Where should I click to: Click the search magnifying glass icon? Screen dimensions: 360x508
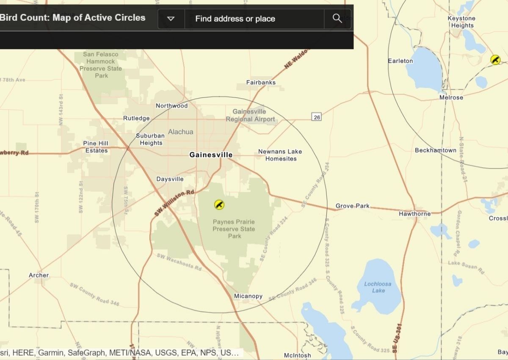tap(337, 18)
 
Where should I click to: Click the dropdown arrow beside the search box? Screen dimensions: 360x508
tap(171, 19)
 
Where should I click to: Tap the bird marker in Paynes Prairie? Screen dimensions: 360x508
tap(219, 205)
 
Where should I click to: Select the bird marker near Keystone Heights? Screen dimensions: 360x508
tap(495, 60)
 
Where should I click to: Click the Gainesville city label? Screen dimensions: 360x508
tap(211, 155)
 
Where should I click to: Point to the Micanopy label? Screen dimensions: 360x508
tap(248, 296)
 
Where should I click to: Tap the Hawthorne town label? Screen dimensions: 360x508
tap(414, 214)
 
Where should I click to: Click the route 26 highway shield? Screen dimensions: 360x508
tap(317, 117)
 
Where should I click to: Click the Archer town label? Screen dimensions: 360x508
tap(39, 275)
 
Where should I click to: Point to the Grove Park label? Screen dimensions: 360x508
tap(353, 206)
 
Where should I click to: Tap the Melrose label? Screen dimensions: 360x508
tap(451, 97)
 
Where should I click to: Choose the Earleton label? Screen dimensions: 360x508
tap(400, 61)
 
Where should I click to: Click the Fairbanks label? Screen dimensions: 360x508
tap(261, 83)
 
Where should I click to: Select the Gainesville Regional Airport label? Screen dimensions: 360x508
tap(250, 116)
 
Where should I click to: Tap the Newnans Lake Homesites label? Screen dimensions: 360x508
tap(280, 155)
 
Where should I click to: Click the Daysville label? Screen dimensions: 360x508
tap(170, 179)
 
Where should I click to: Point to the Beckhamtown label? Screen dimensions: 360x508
tap(436, 150)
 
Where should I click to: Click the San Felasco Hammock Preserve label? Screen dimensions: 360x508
tap(101, 65)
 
